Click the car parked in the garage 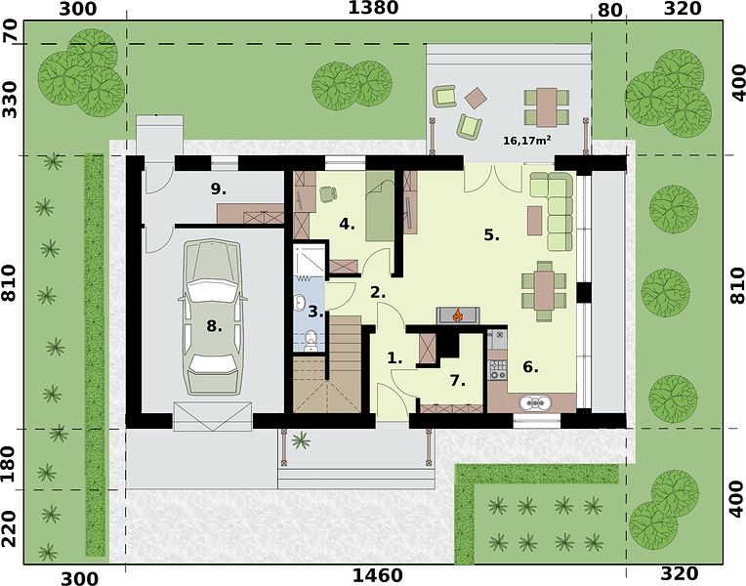pyautogui.click(x=213, y=317)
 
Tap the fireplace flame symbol pyautogui.click(x=458, y=314)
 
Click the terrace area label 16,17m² pyautogui.click(x=527, y=141)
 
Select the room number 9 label pyautogui.click(x=218, y=189)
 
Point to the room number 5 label pyautogui.click(x=491, y=234)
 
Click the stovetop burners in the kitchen pyautogui.click(x=498, y=369)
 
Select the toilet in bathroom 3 pyautogui.click(x=311, y=340)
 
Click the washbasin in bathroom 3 pyautogui.click(x=300, y=302)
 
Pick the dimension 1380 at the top pyautogui.click(x=373, y=8)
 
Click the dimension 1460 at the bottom pyautogui.click(x=377, y=576)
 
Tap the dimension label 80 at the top pyautogui.click(x=609, y=10)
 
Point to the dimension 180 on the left pyautogui.click(x=10, y=464)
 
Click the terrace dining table pyautogui.click(x=547, y=107)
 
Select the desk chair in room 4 pyautogui.click(x=328, y=193)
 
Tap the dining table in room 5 pyautogui.click(x=544, y=290)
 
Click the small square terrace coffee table pyautogui.click(x=476, y=99)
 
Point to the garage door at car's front pyautogui.click(x=212, y=416)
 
